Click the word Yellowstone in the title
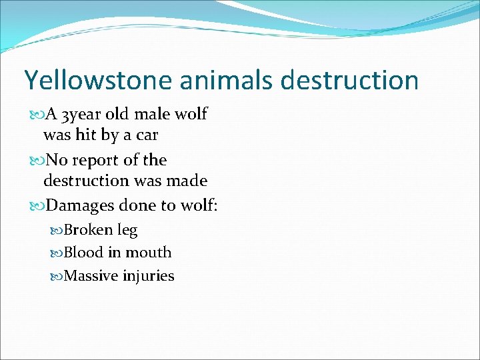click(x=89, y=81)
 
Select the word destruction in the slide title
click(x=350, y=81)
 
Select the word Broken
click(x=88, y=230)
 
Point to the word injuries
click(x=149, y=276)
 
